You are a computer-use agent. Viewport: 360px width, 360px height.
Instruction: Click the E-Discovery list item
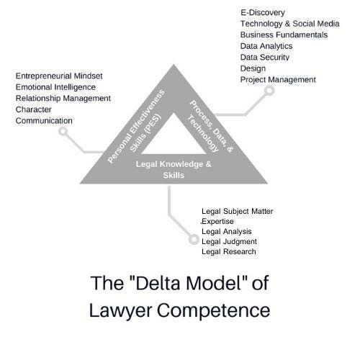pyautogui.click(x=263, y=12)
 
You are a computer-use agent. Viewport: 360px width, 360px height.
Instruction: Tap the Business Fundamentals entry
pyautogui.click(x=284, y=35)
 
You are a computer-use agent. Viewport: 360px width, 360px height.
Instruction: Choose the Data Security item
pyautogui.click(x=265, y=57)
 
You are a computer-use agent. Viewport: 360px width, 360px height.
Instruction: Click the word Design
pyautogui.click(x=253, y=68)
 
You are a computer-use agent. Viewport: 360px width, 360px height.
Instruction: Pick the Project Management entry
pyautogui.click(x=278, y=79)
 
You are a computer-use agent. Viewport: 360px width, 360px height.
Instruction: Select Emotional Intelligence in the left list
pyautogui.click(x=56, y=86)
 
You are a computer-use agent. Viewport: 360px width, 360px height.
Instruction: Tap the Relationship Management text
pyautogui.click(x=63, y=98)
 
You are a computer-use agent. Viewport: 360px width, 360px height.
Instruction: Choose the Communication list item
pyautogui.click(x=45, y=120)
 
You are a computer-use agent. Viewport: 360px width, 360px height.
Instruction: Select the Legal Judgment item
pyautogui.click(x=230, y=241)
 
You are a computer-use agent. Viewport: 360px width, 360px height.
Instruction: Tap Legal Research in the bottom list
pyautogui.click(x=229, y=252)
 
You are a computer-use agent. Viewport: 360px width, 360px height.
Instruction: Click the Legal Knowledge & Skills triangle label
pyautogui.click(x=174, y=169)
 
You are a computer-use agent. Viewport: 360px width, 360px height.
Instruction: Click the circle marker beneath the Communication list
pyautogui.click(x=64, y=132)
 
